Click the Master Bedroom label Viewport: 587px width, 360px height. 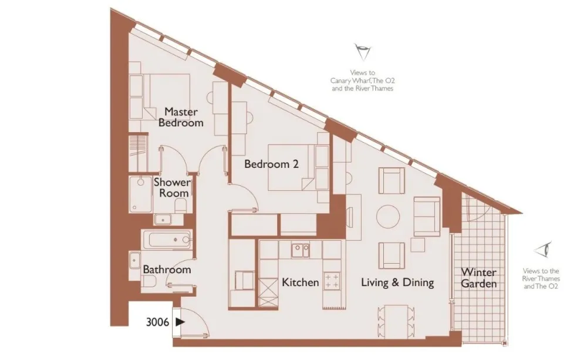(x=181, y=117)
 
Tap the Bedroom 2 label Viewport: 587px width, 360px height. (x=271, y=164)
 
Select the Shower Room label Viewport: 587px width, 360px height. (x=172, y=188)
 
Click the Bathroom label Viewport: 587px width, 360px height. (x=167, y=270)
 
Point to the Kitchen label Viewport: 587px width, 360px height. (x=300, y=282)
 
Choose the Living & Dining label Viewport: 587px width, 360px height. (x=397, y=282)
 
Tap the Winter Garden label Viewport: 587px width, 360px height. (x=479, y=278)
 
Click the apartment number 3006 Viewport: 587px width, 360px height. (x=157, y=322)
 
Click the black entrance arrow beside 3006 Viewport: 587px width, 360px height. (x=180, y=322)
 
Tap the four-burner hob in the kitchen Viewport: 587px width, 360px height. (x=332, y=281)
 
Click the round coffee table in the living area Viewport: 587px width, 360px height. (x=388, y=217)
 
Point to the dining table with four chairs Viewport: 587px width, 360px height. (x=396, y=320)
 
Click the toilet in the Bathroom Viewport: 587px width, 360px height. (x=149, y=281)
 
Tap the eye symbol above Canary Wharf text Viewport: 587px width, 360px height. (x=362, y=52)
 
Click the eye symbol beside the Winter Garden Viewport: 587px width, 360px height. (x=543, y=249)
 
